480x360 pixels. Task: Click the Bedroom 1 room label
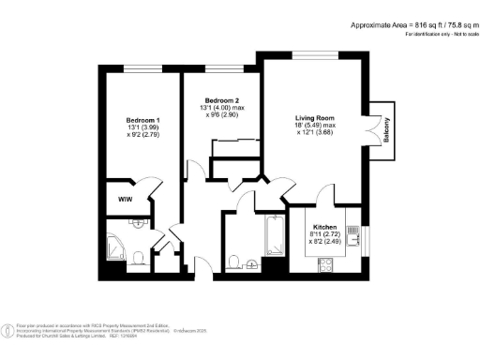click(144, 120)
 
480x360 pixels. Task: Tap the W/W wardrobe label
click(125, 200)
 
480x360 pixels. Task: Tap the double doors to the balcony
click(379, 127)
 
